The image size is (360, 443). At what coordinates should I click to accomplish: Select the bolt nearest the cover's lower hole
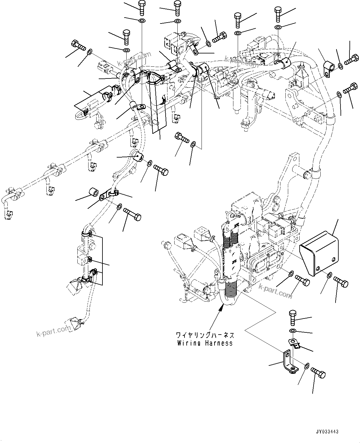341,281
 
